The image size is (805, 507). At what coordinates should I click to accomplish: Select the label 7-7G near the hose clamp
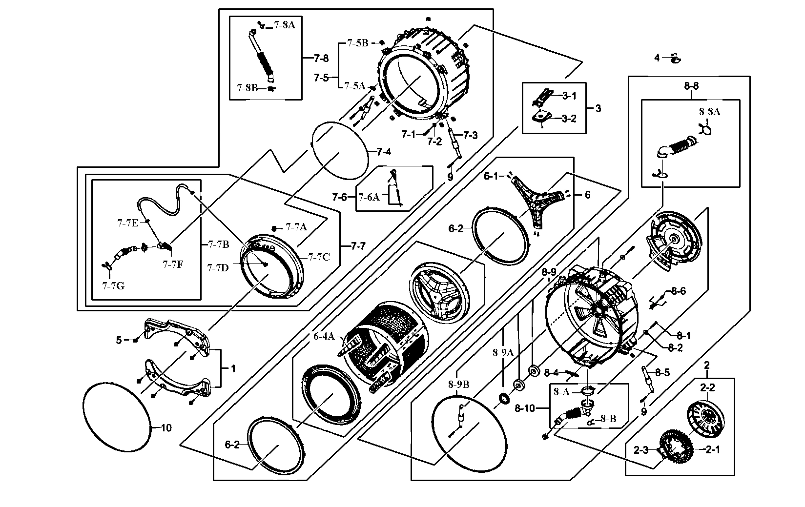click(113, 286)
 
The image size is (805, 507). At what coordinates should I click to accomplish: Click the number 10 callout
click(166, 428)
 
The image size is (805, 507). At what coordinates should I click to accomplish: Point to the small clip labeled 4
click(676, 59)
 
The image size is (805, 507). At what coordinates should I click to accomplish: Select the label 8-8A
click(709, 112)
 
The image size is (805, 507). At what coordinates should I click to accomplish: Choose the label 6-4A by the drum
click(324, 336)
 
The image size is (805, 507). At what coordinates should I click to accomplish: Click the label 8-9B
click(459, 385)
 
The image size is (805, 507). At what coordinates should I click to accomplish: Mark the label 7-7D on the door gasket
click(217, 267)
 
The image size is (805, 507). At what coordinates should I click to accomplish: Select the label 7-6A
click(369, 197)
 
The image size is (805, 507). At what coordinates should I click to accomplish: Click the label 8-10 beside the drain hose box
click(525, 408)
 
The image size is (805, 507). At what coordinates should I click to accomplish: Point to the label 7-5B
click(357, 43)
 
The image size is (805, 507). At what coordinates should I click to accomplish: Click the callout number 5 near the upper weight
click(119, 340)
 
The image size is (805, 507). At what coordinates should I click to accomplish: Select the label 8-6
click(678, 291)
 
